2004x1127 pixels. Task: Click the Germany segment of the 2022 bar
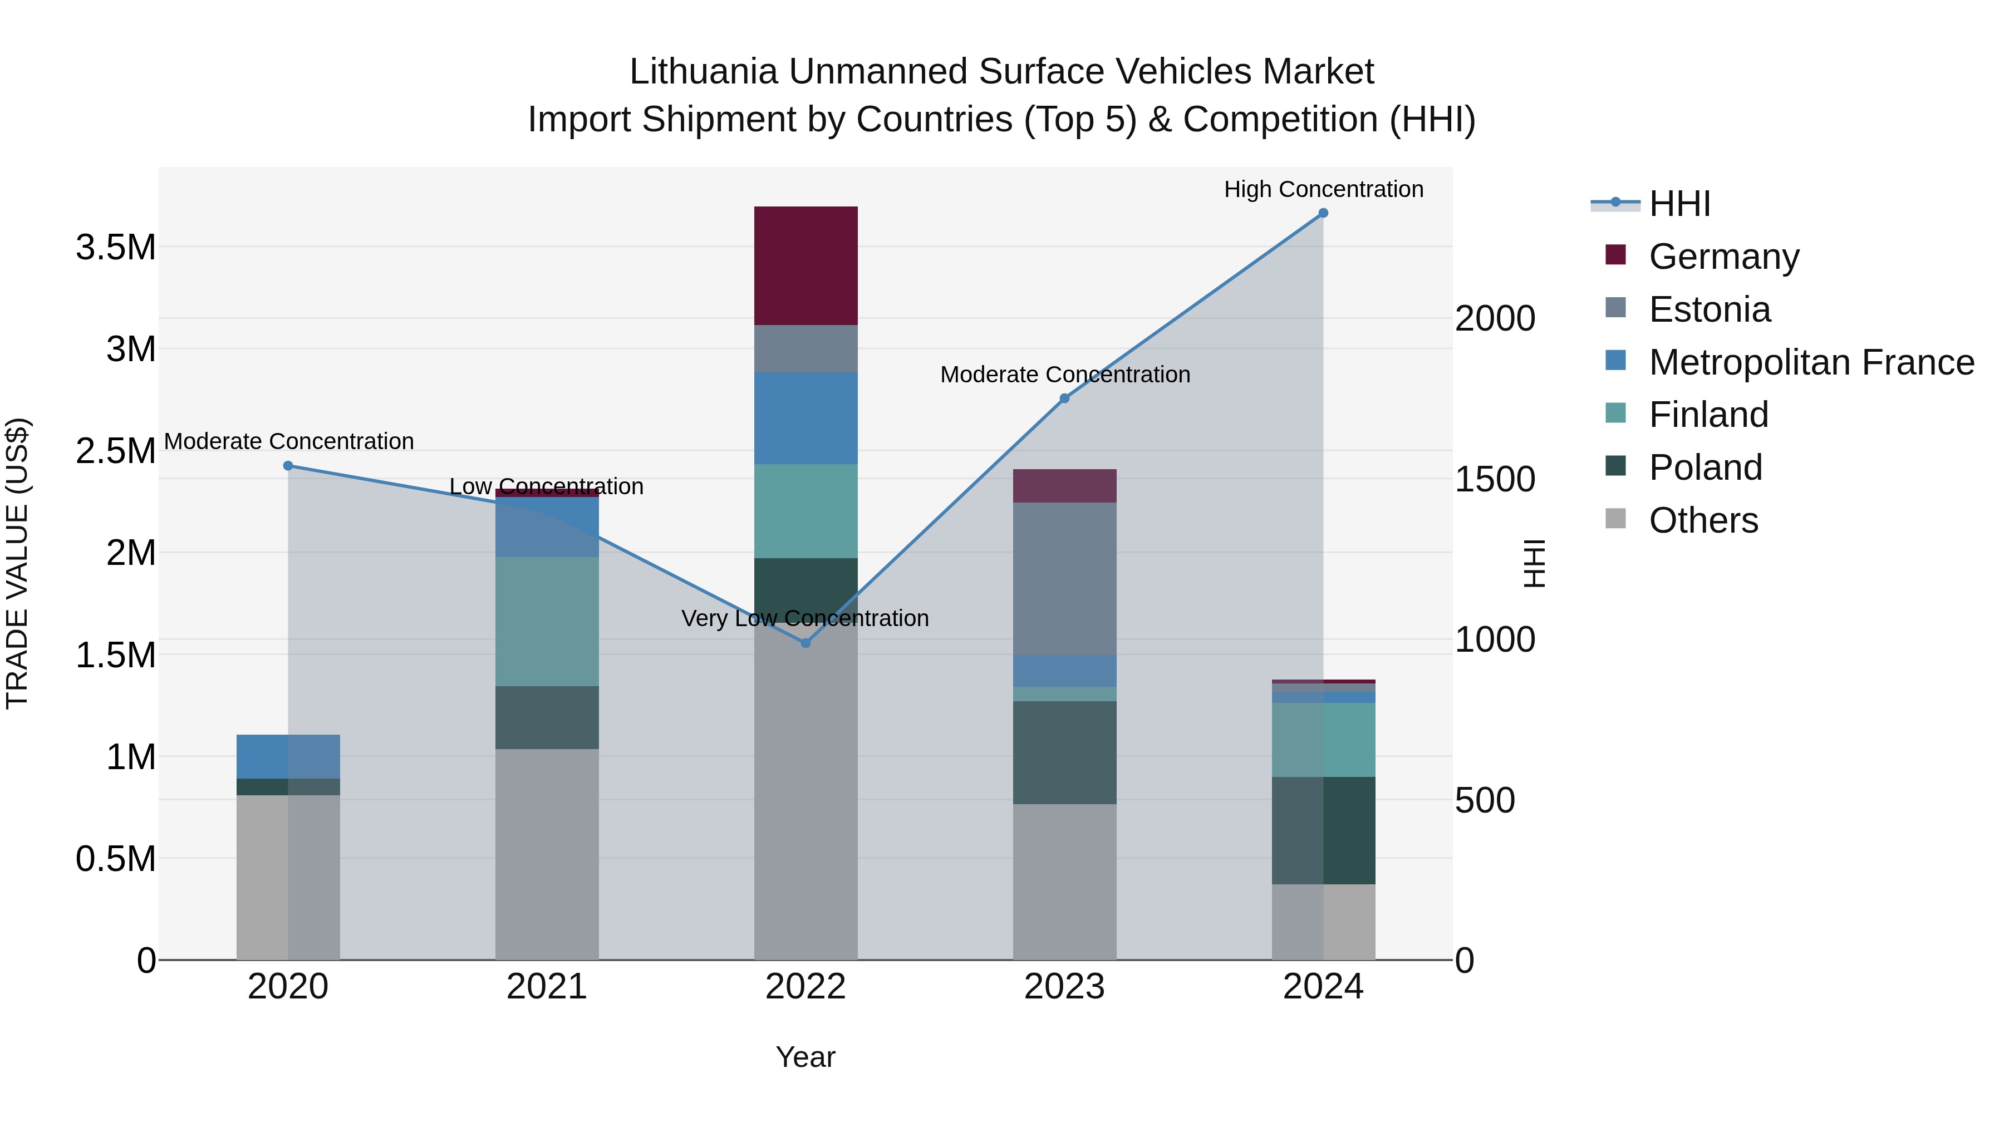tap(806, 265)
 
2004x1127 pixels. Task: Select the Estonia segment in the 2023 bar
tap(1064, 579)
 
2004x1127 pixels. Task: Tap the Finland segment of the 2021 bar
tap(547, 622)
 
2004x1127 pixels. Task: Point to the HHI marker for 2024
tap(1323, 213)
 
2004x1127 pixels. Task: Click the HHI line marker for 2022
tap(806, 643)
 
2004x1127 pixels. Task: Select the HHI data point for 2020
tap(288, 466)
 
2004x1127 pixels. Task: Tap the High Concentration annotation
tap(1323, 189)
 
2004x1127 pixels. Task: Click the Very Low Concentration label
tap(805, 618)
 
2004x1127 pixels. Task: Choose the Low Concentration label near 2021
tap(546, 487)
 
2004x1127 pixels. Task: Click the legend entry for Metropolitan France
tap(1811, 362)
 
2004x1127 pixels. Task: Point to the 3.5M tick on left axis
tap(116, 247)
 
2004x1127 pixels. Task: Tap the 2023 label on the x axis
tap(1064, 987)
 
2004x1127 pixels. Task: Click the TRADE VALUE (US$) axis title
tap(17, 563)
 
